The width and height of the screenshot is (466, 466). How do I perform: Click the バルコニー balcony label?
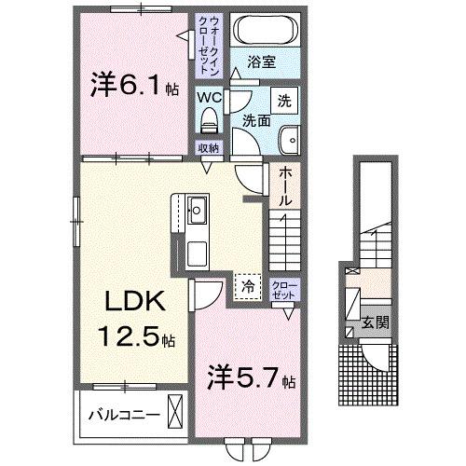pyautogui.click(x=123, y=411)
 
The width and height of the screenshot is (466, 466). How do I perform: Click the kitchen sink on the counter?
pyautogui.click(x=198, y=210)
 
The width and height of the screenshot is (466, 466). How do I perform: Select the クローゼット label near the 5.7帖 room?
pyautogui.click(x=281, y=289)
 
